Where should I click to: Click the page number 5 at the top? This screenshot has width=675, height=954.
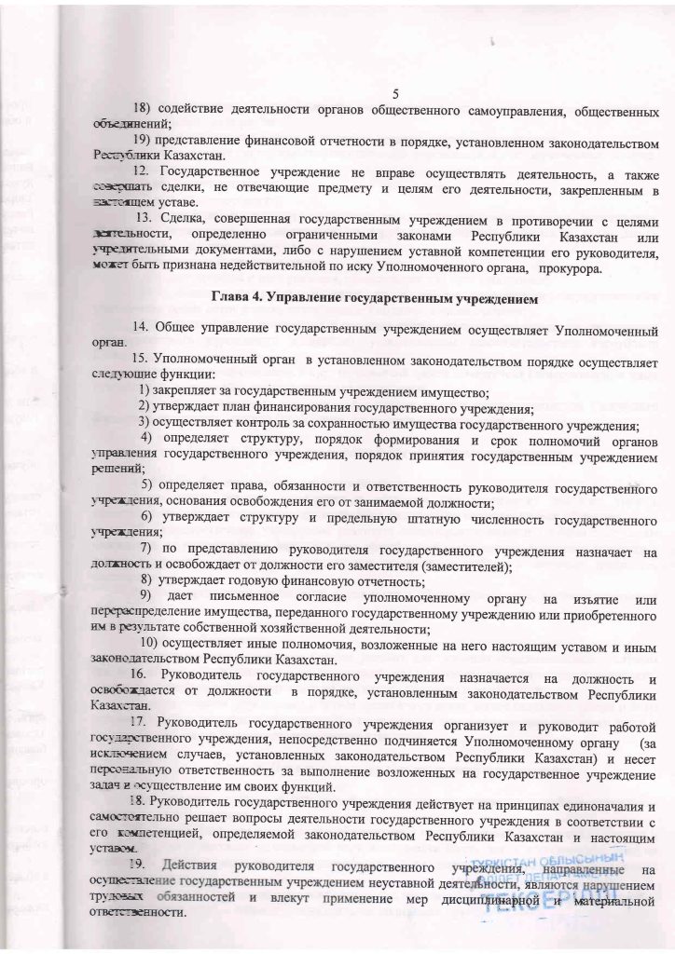pyautogui.click(x=396, y=94)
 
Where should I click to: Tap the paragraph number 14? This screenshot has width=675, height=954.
pyautogui.click(x=140, y=331)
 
